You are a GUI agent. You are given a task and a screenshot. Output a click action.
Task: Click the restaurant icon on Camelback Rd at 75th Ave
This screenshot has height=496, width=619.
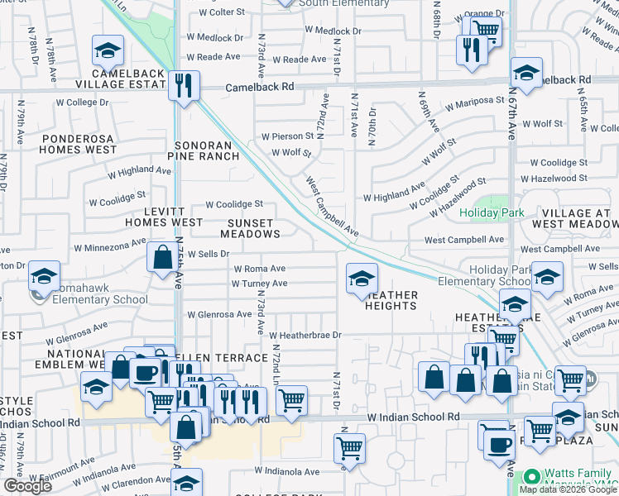point(184,84)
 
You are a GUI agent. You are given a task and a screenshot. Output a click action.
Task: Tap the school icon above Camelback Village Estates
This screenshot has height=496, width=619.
point(107,53)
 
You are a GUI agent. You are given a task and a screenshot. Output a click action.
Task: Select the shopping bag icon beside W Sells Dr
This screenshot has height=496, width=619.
point(160,256)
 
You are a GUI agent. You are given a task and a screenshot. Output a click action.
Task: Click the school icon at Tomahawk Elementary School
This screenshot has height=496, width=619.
point(44,276)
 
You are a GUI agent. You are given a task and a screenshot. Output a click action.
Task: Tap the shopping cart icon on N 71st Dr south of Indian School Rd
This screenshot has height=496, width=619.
point(350,447)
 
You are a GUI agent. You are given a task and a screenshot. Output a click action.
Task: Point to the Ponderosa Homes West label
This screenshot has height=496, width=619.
point(79,144)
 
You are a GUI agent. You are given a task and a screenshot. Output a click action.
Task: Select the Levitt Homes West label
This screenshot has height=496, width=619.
point(164,217)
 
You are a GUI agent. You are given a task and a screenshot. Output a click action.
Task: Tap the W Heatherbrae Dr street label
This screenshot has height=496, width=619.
point(305,335)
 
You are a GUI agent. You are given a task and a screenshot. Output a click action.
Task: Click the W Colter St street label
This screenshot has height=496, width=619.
point(217,12)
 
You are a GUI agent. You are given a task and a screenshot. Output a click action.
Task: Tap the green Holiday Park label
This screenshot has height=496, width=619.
point(492,212)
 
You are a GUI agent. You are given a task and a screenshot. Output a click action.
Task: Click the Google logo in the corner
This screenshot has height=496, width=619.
point(27,486)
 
